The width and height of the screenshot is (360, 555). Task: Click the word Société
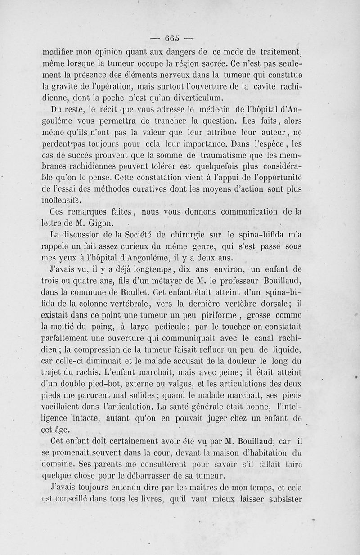pyautogui.click(x=144, y=235)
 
